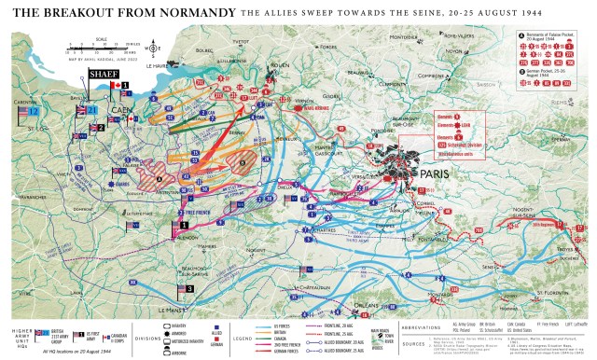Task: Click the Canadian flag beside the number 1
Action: [116, 85]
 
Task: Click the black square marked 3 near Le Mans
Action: [189, 289]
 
